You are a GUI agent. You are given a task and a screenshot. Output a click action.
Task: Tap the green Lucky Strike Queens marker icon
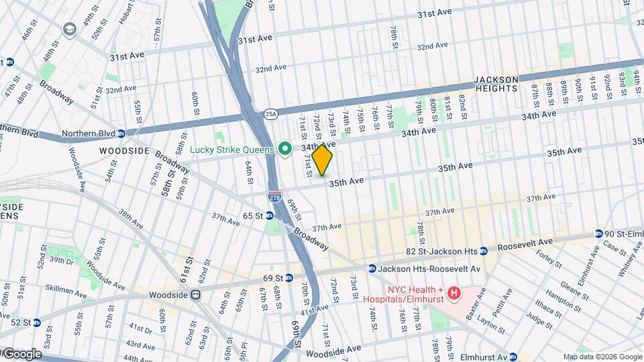284,149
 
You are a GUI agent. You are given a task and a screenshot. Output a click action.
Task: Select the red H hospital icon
454,293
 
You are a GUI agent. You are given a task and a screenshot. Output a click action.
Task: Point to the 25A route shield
270,113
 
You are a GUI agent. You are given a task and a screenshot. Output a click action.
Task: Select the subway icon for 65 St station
270,215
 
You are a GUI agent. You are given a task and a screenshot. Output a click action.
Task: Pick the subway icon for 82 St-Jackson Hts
483,251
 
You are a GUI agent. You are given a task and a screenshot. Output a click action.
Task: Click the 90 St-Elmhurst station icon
598,233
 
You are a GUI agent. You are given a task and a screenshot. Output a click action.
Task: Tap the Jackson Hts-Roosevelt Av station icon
372,268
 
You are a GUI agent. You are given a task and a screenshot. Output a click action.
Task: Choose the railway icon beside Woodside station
196,293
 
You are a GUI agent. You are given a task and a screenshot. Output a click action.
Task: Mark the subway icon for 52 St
37,322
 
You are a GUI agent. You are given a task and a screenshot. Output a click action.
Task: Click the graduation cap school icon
69,29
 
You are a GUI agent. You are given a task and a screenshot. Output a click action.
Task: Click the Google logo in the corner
21,353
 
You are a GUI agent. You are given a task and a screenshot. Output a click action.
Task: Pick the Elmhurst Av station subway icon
513,357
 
